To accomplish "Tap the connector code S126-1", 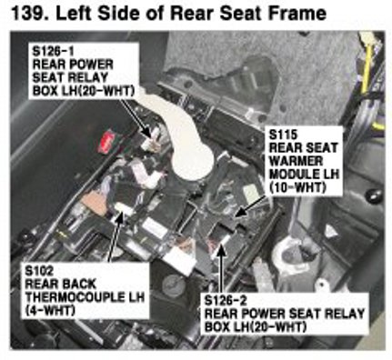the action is pos(53,51).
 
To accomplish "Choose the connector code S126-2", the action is pos(226,301).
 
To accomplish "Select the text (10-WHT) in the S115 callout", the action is pos(297,187).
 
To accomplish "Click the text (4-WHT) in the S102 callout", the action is pos(50,310).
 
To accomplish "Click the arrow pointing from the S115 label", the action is pos(251,206).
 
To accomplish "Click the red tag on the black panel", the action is pos(106,142).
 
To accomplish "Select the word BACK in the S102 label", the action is pos(78,284).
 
